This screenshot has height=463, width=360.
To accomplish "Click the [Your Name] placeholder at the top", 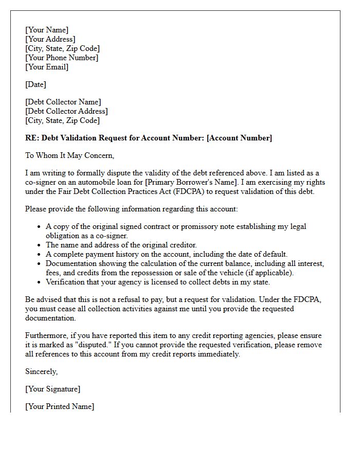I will point(47,30).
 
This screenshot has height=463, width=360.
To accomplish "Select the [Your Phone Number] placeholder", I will point(62,58).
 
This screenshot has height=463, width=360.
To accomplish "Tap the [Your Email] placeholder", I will point(47,67).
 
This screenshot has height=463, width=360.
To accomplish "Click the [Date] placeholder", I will point(36,84).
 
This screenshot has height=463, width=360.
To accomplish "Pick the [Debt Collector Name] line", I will point(63,102).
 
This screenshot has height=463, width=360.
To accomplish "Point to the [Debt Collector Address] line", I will point(66,111).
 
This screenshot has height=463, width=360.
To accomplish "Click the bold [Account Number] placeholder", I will point(239,138).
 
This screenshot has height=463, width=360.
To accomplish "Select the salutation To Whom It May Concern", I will point(69,155).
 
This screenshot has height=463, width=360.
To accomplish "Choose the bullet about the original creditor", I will point(121,245).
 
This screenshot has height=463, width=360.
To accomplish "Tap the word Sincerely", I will point(42,371).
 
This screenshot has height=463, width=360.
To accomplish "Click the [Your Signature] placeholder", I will point(53,389).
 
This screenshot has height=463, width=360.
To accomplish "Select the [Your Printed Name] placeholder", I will point(60,406).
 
